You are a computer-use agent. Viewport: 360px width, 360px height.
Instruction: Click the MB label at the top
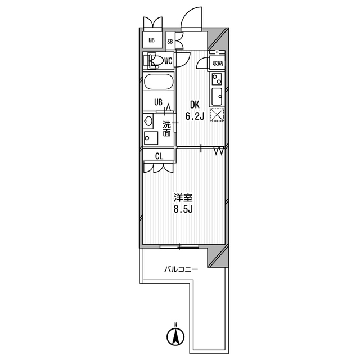tap(151, 40)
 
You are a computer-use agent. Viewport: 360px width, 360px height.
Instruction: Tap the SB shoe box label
tap(170, 41)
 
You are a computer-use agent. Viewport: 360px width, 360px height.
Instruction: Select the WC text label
tap(168, 60)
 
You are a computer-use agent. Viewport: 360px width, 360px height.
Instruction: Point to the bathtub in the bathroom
tap(159, 82)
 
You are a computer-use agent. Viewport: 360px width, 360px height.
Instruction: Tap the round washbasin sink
tap(148, 120)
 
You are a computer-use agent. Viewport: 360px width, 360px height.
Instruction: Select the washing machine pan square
tap(151, 138)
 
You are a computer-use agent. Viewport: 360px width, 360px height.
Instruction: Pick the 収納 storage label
tap(217, 64)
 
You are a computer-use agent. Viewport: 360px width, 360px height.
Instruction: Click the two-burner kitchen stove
tap(217, 79)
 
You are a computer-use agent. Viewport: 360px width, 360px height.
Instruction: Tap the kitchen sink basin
tap(217, 97)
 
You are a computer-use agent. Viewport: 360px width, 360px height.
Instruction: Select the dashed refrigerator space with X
tap(217, 115)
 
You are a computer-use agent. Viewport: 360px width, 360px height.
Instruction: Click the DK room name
tap(194, 105)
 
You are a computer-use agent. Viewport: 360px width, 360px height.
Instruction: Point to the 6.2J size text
tap(194, 117)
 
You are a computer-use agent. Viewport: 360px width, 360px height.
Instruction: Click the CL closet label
tap(159, 156)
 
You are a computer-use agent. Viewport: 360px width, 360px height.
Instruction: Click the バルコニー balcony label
tap(181, 269)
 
